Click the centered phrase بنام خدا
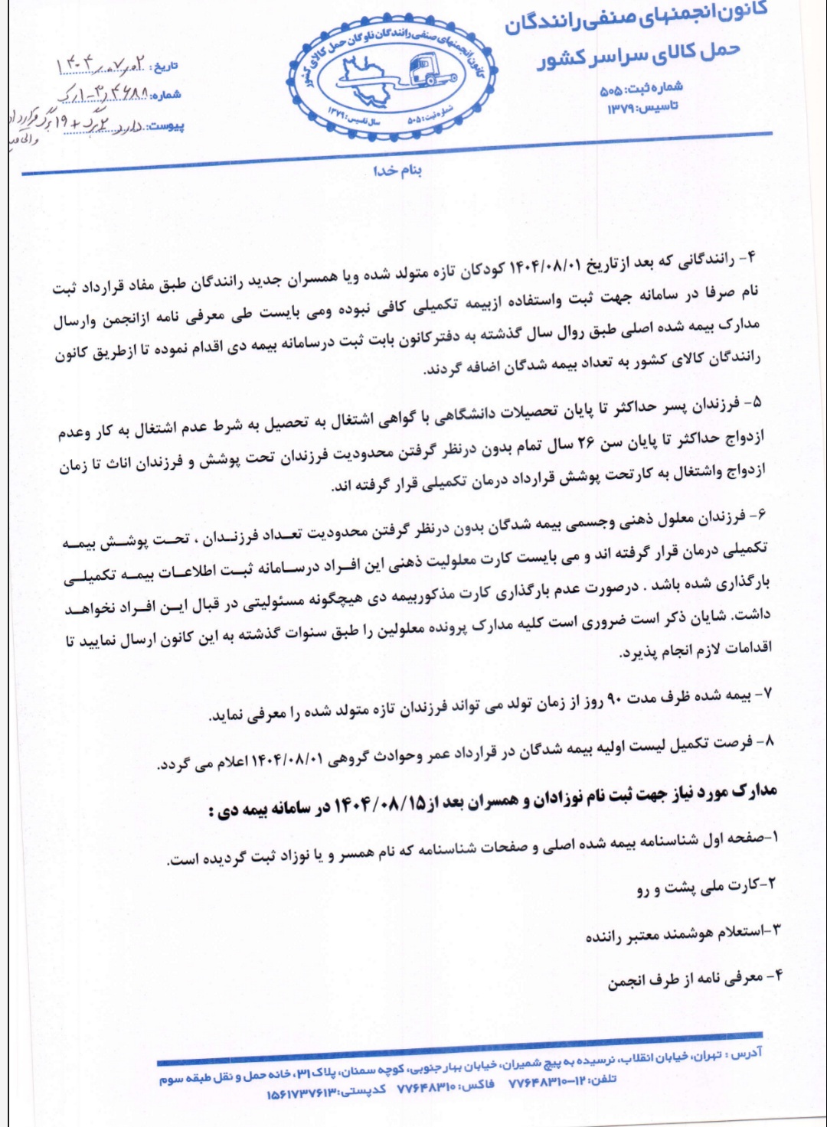coord(397,170)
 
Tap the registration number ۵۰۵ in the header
coord(610,91)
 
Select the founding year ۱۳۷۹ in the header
coord(620,109)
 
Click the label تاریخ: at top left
coord(165,67)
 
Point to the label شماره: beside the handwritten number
coord(166,95)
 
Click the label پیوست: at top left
coord(165,125)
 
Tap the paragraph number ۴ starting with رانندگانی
coord(750,257)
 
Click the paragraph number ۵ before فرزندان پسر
coord(757,401)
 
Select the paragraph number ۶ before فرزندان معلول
coord(758,515)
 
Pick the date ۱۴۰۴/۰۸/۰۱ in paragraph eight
coord(291,761)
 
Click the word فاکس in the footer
coord(479,1085)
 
